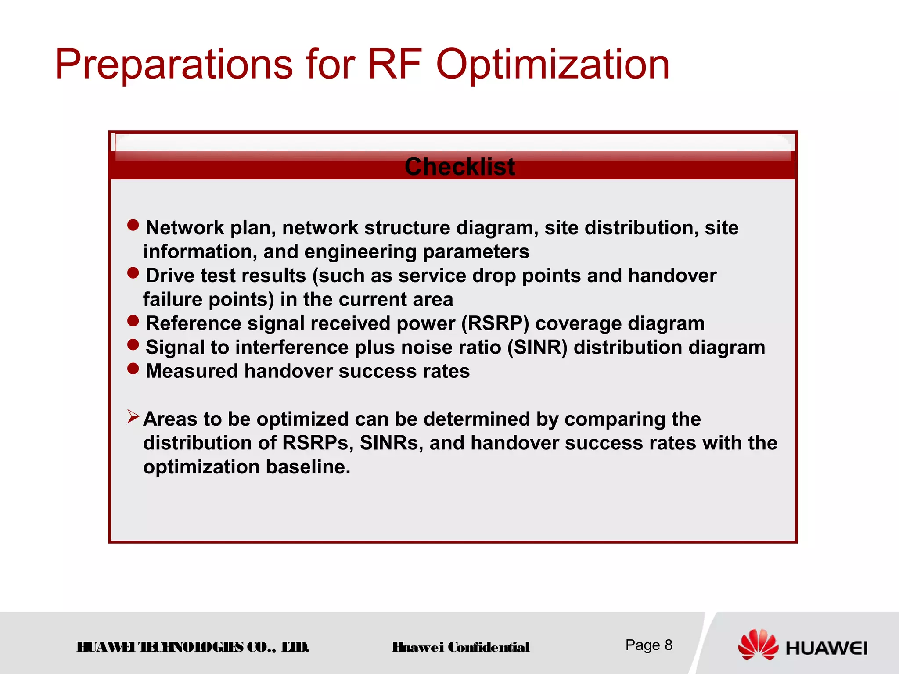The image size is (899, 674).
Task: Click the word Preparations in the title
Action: point(174,65)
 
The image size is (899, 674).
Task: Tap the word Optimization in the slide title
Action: point(553,65)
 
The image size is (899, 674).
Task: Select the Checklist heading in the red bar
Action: point(460,167)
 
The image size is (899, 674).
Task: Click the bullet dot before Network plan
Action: point(133,225)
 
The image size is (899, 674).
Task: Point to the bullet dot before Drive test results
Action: point(133,273)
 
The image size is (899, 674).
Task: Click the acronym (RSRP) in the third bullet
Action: point(495,324)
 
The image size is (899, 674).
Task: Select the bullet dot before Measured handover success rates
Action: point(133,369)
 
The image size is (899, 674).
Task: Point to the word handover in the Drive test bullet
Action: point(672,276)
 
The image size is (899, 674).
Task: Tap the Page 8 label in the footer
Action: point(649,645)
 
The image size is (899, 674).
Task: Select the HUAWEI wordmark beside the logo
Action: point(827,648)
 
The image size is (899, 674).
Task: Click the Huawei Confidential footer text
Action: point(460,647)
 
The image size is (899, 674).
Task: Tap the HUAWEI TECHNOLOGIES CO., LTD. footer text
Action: point(193,647)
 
